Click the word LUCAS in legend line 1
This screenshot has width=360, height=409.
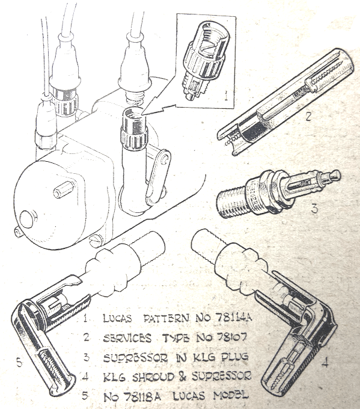[117, 318]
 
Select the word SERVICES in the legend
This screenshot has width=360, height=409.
[127, 338]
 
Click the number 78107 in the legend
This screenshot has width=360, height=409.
[231, 338]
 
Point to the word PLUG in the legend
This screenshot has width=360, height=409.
[234, 357]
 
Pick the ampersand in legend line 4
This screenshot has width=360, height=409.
[183, 377]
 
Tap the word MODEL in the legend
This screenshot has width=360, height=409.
[231, 396]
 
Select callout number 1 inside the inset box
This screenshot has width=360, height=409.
[226, 96]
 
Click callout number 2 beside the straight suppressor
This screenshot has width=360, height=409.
[308, 116]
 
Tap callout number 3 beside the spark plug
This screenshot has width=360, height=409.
[315, 208]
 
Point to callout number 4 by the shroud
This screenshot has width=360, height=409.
[325, 362]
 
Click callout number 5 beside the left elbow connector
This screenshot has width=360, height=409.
[20, 363]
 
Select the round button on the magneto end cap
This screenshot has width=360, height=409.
[27, 219]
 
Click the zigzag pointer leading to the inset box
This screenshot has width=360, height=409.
[159, 109]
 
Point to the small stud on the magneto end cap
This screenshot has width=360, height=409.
[64, 190]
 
